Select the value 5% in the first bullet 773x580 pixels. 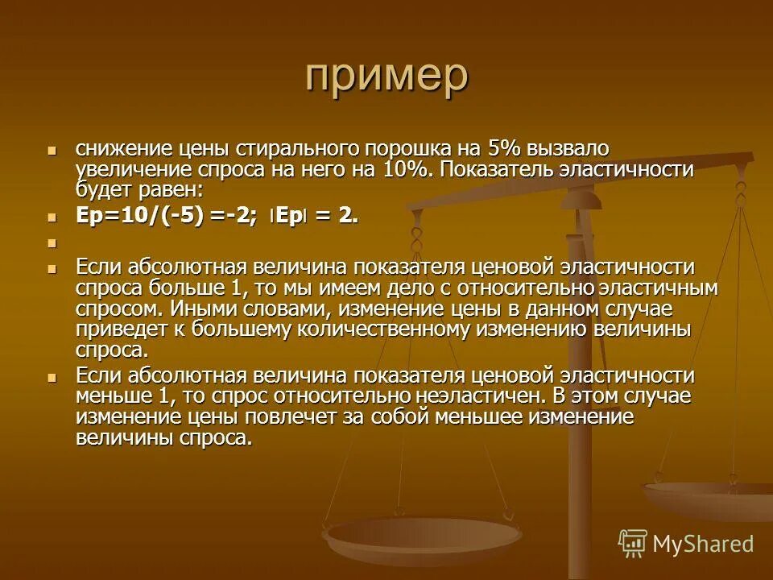pyautogui.click(x=505, y=149)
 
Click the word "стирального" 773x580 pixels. pyautogui.click(x=299, y=149)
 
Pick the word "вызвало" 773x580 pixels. pyautogui.click(x=569, y=149)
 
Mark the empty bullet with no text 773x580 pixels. pyautogui.click(x=53, y=242)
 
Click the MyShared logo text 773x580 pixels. pyautogui.click(x=702, y=544)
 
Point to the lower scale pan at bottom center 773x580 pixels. pyautogui.click(x=411, y=536)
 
